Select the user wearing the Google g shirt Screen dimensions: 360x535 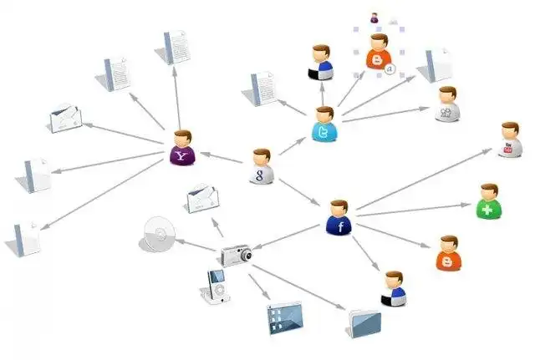(x=262, y=166)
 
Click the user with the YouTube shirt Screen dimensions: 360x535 (x=510, y=140)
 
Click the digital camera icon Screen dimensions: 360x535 (x=236, y=255)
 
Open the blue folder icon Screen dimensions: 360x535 (x=365, y=321)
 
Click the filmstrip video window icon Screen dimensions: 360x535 (x=283, y=318)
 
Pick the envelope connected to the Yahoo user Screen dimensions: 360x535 (x=66, y=120)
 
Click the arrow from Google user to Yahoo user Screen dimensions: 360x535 (x=222, y=156)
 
